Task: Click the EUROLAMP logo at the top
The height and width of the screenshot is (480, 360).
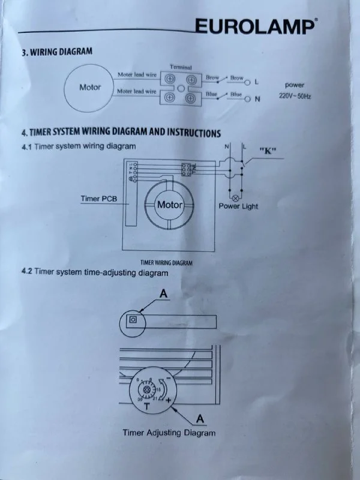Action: (x=254, y=27)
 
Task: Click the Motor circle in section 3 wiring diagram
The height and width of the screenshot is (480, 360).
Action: (x=90, y=88)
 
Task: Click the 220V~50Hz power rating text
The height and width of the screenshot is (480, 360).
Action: (x=295, y=96)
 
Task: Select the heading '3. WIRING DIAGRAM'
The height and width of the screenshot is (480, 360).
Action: (x=56, y=52)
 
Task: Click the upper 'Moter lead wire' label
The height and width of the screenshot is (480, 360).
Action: (x=137, y=75)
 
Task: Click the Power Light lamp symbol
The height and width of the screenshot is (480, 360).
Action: (x=235, y=197)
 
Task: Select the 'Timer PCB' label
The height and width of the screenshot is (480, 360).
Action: (x=98, y=198)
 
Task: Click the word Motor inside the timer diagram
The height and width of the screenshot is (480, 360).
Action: (x=169, y=205)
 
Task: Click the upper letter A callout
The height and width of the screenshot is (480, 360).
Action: (x=164, y=293)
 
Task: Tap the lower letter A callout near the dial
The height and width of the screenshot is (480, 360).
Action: (x=199, y=416)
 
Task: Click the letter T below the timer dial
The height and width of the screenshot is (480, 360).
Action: (x=146, y=407)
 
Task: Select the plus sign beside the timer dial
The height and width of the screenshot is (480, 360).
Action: (x=169, y=399)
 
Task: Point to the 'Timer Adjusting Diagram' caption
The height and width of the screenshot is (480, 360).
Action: (x=169, y=432)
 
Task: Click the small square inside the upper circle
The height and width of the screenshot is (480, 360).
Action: (x=133, y=320)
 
